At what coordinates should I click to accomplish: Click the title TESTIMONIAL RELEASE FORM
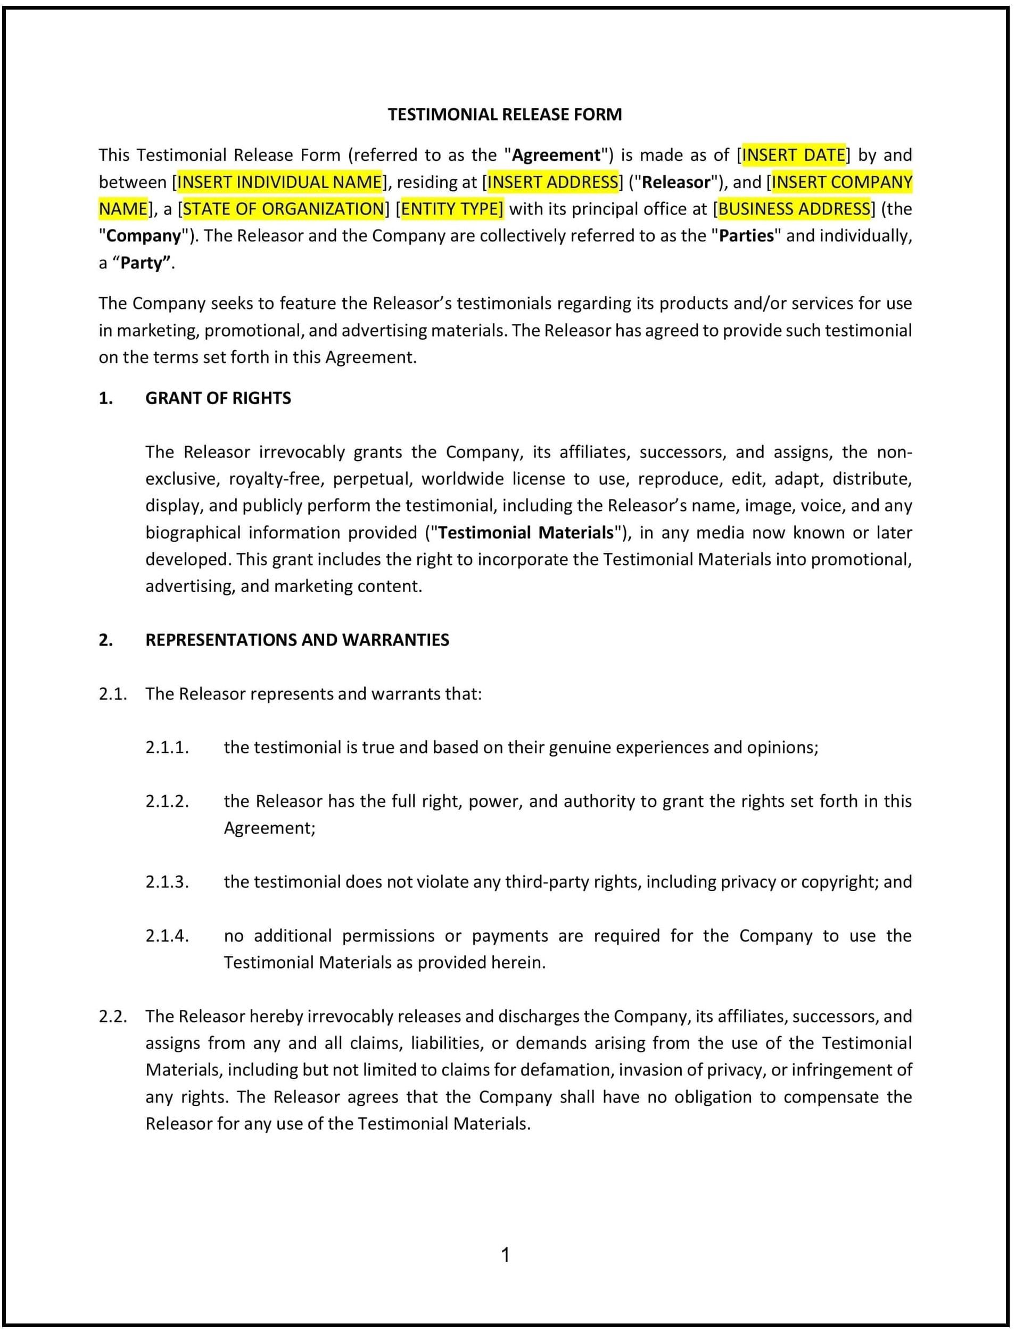505,115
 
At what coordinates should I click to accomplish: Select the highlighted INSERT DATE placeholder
793,156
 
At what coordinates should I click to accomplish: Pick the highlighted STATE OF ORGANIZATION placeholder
283,209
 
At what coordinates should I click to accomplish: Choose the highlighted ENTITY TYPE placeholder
451,209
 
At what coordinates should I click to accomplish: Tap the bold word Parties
746,236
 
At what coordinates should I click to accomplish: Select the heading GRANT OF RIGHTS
218,398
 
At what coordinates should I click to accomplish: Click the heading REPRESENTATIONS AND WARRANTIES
296,640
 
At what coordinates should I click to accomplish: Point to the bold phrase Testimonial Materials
526,533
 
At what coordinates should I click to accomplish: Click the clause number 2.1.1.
167,747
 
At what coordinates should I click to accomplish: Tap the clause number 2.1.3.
167,881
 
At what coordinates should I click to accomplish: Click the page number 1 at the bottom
506,1256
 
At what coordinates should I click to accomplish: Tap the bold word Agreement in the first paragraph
556,156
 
